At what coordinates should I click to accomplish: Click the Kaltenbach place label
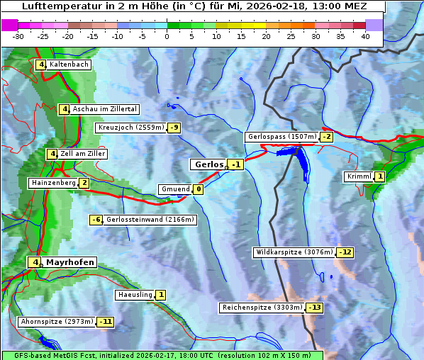coord(69,64)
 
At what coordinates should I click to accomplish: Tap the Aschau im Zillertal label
coord(104,109)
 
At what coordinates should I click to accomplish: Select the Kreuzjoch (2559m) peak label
coord(130,128)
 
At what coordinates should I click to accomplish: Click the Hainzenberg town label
coord(52,183)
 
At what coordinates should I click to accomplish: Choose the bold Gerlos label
coord(208,164)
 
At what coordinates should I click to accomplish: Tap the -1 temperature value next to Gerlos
coord(237,165)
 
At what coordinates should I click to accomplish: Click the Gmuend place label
coord(175,189)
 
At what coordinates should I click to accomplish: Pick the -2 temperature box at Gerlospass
coord(327,137)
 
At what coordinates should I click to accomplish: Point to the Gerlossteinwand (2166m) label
coord(150,220)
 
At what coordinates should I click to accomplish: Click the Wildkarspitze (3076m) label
coord(294,252)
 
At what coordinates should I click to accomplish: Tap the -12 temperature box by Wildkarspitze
coord(345,252)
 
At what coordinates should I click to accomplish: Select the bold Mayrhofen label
coord(69,262)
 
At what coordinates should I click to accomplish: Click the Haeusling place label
coord(134,295)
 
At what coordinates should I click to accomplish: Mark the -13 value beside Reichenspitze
coord(315,308)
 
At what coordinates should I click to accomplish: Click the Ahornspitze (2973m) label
coord(57,322)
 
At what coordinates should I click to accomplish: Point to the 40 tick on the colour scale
coord(365,36)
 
